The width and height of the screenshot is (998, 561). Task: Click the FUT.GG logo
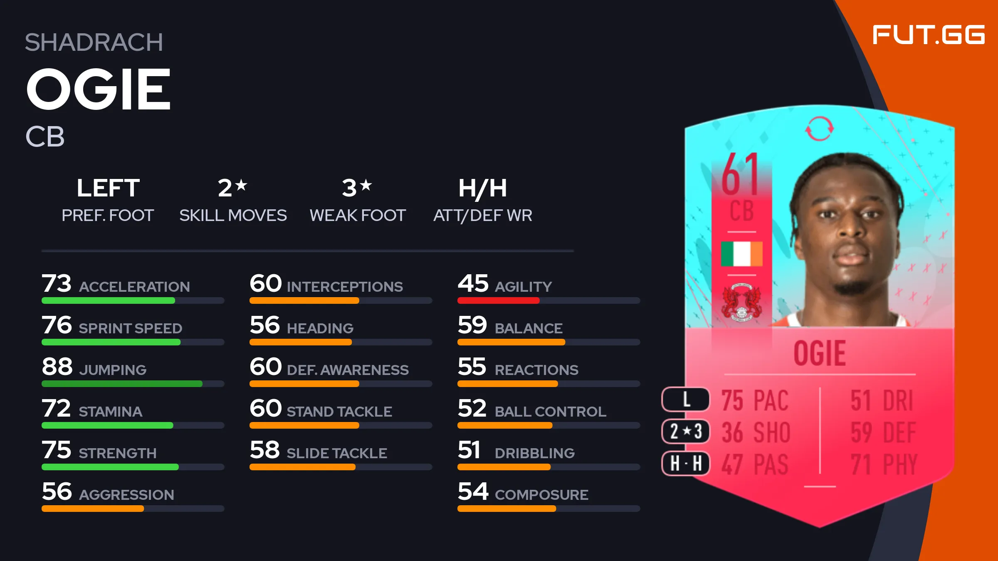click(x=928, y=35)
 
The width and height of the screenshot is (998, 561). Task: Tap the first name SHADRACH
click(x=94, y=42)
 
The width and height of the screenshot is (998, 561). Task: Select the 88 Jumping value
click(x=57, y=367)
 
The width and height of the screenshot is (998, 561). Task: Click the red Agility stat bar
click(x=498, y=300)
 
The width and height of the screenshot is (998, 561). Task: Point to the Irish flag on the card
click(x=742, y=253)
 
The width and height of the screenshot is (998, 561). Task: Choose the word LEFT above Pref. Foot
click(x=108, y=188)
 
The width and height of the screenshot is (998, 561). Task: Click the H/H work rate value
click(x=482, y=188)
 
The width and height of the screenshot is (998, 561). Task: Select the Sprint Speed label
click(x=131, y=328)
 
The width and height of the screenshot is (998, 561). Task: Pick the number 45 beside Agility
click(x=473, y=283)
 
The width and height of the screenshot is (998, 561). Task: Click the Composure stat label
click(x=541, y=495)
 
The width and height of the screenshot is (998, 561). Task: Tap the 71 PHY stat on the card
click(x=883, y=464)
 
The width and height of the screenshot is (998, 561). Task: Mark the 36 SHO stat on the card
click(x=756, y=432)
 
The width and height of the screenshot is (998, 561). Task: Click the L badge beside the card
click(x=686, y=399)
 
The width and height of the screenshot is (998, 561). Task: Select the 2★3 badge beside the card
click(x=686, y=431)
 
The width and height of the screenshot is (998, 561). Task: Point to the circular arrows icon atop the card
click(x=819, y=129)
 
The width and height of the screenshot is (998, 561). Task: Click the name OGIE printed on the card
click(x=819, y=354)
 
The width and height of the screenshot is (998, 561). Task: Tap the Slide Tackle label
click(x=337, y=453)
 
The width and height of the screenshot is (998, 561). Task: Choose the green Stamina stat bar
click(x=107, y=425)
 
